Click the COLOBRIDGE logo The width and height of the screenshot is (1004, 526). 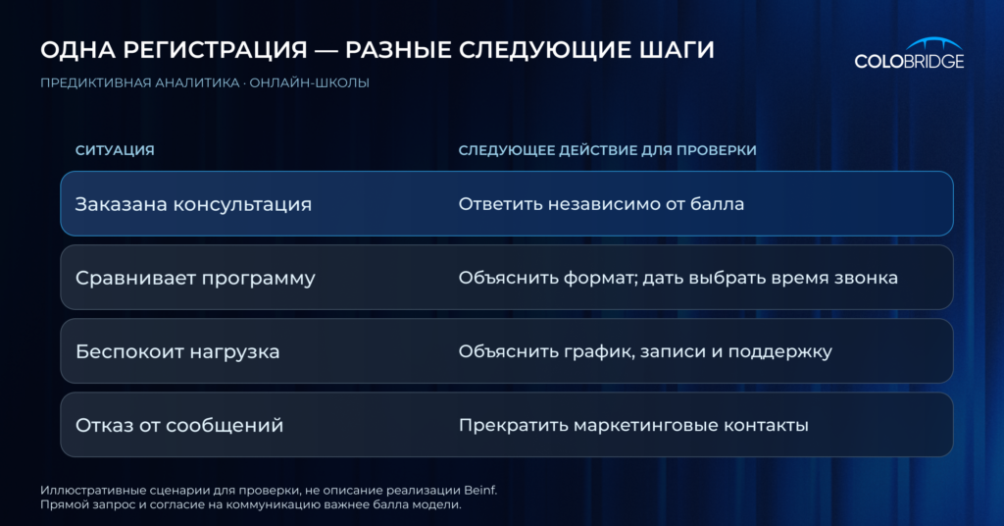point(909,54)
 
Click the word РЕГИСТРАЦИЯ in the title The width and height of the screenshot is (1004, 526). point(215,50)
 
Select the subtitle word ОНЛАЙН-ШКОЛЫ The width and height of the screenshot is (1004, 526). point(309,82)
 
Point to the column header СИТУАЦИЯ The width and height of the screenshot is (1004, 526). point(115,150)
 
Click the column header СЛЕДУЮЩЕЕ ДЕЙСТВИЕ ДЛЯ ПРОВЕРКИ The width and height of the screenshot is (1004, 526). point(607,150)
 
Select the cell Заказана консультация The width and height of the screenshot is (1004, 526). point(193,204)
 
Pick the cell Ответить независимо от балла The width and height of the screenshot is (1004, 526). point(601,204)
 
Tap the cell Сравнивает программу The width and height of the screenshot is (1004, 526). point(195,279)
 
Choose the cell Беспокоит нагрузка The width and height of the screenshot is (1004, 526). point(177,351)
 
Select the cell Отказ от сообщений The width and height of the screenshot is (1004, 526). point(179,426)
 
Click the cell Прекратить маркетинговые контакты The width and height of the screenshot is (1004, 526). point(633,426)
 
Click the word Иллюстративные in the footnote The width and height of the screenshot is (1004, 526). point(81,491)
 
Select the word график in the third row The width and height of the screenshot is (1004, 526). point(592,351)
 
